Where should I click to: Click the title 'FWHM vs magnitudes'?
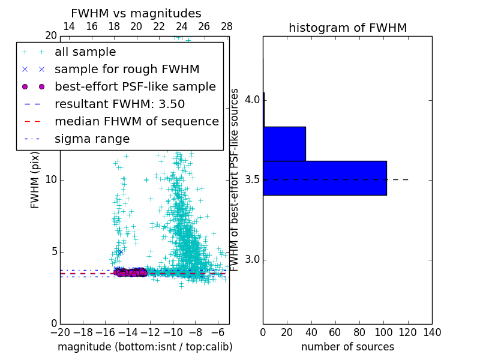136,13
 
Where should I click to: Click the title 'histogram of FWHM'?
347,28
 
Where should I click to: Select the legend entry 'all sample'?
85,52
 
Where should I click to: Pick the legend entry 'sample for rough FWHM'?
127,69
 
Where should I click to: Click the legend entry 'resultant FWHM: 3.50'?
119,104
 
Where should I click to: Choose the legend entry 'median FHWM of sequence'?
136,121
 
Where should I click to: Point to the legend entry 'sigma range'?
92,139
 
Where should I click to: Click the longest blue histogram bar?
325,178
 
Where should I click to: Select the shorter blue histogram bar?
284,143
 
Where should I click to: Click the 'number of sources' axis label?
347,347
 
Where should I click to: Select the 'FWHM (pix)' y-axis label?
35,180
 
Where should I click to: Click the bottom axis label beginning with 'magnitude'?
145,347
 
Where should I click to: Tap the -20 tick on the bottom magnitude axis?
60,332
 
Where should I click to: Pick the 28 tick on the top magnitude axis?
227,26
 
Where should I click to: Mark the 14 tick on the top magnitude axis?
69,26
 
